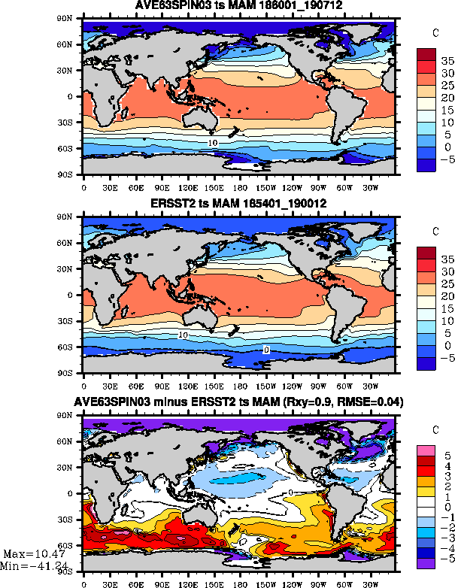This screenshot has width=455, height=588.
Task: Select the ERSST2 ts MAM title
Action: click(x=239, y=206)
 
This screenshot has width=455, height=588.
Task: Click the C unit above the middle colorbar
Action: click(x=435, y=230)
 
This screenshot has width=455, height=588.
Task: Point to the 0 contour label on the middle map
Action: click(x=266, y=350)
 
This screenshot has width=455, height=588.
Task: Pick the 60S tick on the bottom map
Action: click(x=68, y=545)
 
